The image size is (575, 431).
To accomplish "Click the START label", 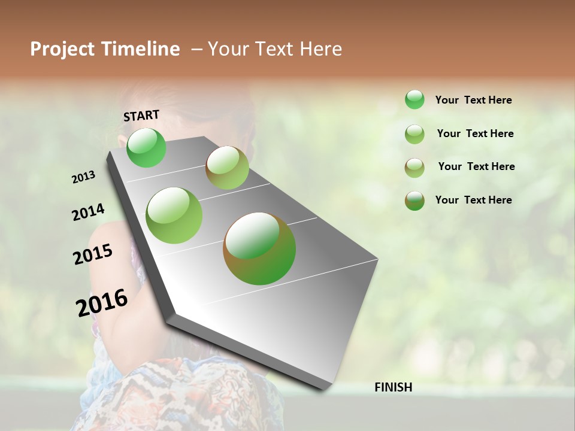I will pyautogui.click(x=141, y=116).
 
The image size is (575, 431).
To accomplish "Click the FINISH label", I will pyautogui.click(x=394, y=387).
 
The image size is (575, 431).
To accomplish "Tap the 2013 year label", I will pyautogui.click(x=84, y=177).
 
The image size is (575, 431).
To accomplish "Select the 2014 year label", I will pyautogui.click(x=88, y=213).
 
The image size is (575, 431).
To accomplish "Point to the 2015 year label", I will pyautogui.click(x=93, y=254).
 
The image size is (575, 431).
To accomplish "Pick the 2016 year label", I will pyautogui.click(x=102, y=302).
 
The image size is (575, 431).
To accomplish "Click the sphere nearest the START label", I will pyautogui.click(x=147, y=148).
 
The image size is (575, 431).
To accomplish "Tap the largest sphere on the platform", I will pyautogui.click(x=259, y=248).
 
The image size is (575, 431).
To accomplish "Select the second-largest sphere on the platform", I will pyautogui.click(x=174, y=215).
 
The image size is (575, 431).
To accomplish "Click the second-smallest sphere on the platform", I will pyautogui.click(x=227, y=168).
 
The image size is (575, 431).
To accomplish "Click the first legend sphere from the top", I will pyautogui.click(x=414, y=99).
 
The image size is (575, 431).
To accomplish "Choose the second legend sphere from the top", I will pyautogui.click(x=414, y=134).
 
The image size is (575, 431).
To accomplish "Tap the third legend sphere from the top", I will pyautogui.click(x=414, y=168).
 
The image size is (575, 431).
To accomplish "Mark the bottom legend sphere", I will pyautogui.click(x=414, y=201).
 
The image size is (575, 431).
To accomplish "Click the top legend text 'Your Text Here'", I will pyautogui.click(x=473, y=100).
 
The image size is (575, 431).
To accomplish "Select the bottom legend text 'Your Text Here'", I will pyautogui.click(x=473, y=200).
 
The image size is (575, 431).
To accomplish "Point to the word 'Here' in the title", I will pyautogui.click(x=320, y=49).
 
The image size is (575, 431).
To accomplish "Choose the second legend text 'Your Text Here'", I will pyautogui.click(x=475, y=133).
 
